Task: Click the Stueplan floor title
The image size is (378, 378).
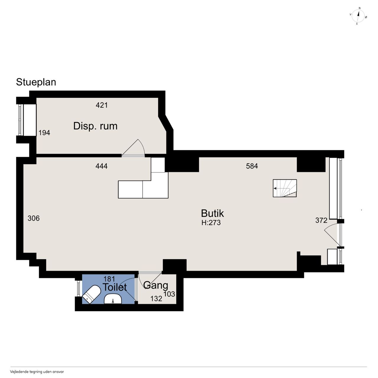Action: [36, 82]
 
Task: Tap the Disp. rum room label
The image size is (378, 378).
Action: [95, 126]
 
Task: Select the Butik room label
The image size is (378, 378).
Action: [212, 214]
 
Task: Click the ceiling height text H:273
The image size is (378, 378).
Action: [211, 223]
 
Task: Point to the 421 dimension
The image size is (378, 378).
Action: [102, 105]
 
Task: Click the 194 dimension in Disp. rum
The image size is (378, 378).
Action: [44, 133]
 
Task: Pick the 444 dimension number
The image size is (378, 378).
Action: [101, 166]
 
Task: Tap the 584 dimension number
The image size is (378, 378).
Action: [252, 166]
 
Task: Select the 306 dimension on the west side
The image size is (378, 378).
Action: [34, 218]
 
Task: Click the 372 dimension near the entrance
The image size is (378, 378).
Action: [321, 220]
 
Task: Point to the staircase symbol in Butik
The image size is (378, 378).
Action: [285, 188]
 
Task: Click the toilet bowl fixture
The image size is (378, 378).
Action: [92, 294]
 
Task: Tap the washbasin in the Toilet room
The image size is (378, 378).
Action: [113, 299]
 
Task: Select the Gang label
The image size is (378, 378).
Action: [156, 286]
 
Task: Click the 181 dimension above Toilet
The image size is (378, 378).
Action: [109, 279]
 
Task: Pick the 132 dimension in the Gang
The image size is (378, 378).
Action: [156, 299]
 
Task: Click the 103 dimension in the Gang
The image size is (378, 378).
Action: [169, 294]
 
